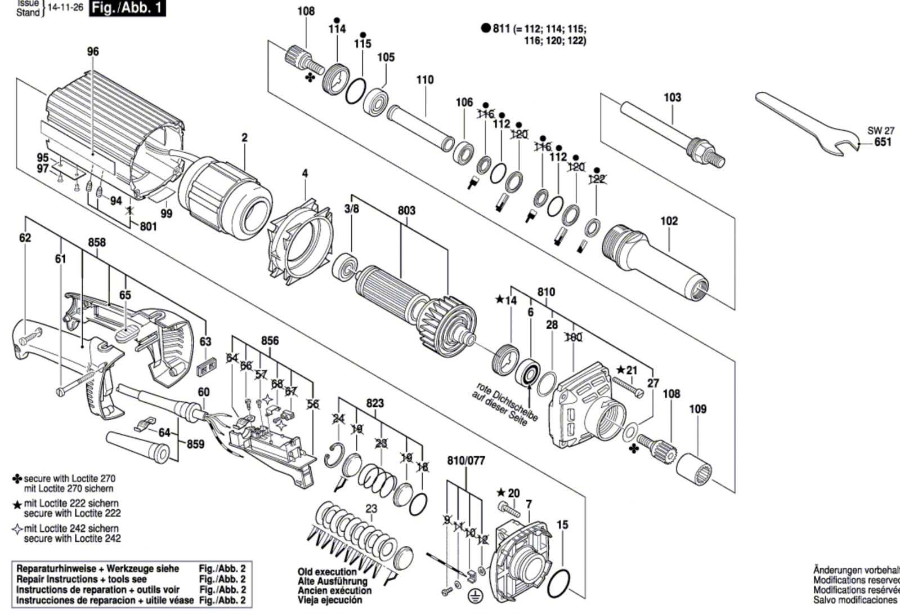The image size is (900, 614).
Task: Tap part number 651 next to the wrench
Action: point(883,142)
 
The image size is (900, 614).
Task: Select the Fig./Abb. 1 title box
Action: point(127,8)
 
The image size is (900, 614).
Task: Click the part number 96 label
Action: point(93,52)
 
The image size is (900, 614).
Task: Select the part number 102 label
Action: point(669,221)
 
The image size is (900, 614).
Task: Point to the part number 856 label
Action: point(270,341)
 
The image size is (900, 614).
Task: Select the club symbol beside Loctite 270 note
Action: point(17,479)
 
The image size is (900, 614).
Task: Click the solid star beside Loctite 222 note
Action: point(17,505)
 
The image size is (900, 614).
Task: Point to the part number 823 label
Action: point(375,403)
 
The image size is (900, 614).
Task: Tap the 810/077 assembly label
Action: point(465,461)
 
